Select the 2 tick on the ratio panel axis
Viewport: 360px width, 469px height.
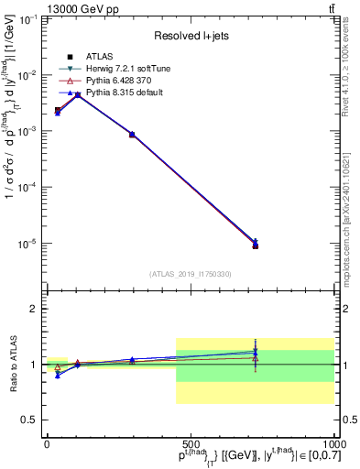coord(34,309)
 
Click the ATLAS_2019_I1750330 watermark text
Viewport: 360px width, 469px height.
coord(191,273)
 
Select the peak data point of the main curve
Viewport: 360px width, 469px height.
coord(78,94)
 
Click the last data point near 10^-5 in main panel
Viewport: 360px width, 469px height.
coord(256,245)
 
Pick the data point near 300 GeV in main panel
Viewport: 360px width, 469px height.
coord(132,135)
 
